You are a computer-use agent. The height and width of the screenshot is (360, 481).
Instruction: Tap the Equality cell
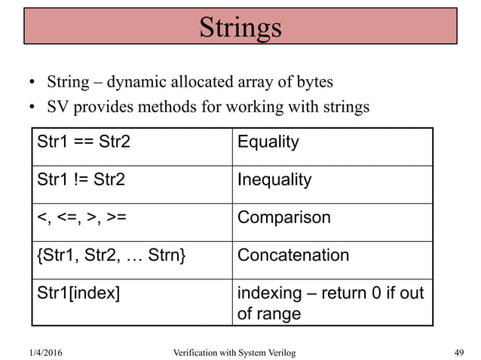268,142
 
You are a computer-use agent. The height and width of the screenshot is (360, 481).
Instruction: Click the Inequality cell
274,180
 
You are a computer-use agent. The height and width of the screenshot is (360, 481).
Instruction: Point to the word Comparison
284,218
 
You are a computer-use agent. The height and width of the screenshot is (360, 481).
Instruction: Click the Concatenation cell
293,255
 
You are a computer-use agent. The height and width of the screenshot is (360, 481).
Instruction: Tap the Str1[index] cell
78,293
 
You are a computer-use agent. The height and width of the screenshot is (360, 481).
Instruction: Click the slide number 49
459,352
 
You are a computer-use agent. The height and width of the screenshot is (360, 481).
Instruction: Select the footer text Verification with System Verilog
234,352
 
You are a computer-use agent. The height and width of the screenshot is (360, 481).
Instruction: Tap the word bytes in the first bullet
313,81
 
